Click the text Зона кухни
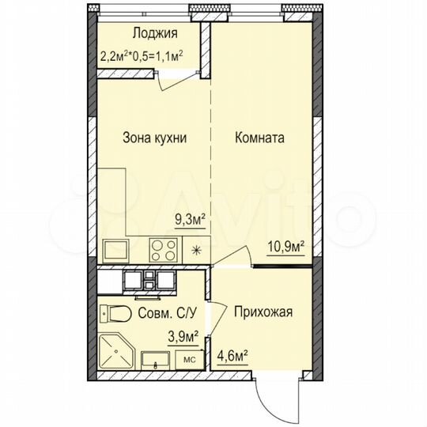pos(154,138)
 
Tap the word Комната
pos(259,138)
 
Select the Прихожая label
pos(263,312)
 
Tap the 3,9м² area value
pos(182,336)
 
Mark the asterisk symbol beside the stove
pos(196,251)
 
